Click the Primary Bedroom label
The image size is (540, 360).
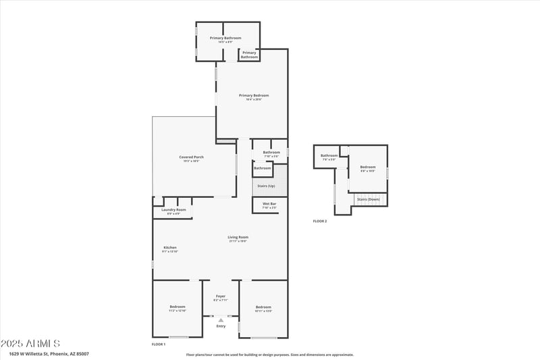(x=250, y=97)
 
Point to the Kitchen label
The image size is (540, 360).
(x=170, y=249)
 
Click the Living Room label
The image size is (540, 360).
(x=238, y=238)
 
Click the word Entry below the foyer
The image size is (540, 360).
(x=221, y=326)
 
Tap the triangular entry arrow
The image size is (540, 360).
(x=221, y=320)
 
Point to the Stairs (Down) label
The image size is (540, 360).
(x=369, y=199)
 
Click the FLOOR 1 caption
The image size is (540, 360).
(x=159, y=344)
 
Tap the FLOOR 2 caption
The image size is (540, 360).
(x=320, y=221)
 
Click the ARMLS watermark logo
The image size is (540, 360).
(x=32, y=344)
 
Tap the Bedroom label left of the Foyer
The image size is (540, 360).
(x=177, y=308)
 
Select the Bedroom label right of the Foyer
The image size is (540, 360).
(x=263, y=308)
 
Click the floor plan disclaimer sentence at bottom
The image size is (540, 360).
(x=270, y=354)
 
